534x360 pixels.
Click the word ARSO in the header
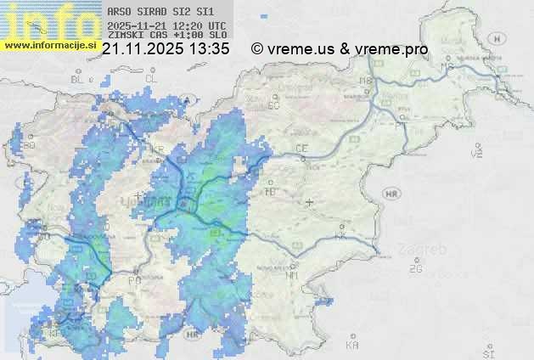coord(121,13)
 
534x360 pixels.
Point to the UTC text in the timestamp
coord(216,25)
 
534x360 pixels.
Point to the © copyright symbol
coord(257,50)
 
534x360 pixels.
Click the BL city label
coord(79,79)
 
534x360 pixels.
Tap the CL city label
coord(152,78)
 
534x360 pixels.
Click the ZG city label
coord(416,269)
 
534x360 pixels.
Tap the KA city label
coord(352,345)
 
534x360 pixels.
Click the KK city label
coord(341,235)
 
